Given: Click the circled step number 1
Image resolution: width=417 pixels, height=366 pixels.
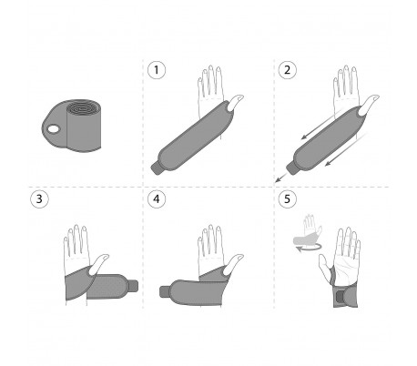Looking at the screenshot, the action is pos(157,70).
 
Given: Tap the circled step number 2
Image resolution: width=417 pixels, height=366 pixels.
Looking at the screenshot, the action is pos(287,70).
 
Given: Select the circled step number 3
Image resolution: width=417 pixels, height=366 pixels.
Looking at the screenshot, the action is pos(39,199).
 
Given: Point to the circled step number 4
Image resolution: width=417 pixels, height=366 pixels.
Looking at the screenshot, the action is pos(157,199).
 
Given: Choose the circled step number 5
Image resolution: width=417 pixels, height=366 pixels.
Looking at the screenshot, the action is pos(287,199).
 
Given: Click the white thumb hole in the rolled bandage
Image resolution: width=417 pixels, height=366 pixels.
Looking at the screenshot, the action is pos(54,129).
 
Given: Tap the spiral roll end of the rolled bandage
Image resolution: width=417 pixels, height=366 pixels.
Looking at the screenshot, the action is pos(81,108).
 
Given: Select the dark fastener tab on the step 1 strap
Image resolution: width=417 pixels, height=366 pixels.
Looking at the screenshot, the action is pos(157,168).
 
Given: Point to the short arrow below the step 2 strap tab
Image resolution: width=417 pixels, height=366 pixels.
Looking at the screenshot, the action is pos(280,178).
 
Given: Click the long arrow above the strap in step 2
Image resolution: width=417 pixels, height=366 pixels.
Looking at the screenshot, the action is pos(322,124).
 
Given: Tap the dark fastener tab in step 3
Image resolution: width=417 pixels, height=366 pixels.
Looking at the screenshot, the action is pos(134,286).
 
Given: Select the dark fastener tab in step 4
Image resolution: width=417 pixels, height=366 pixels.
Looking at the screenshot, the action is pos(164,292).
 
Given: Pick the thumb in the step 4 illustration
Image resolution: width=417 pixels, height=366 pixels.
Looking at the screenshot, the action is pos(235,264).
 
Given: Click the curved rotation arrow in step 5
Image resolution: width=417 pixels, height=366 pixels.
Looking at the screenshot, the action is pos(308,248).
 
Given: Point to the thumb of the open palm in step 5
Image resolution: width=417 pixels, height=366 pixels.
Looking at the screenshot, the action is pos(325,265).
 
